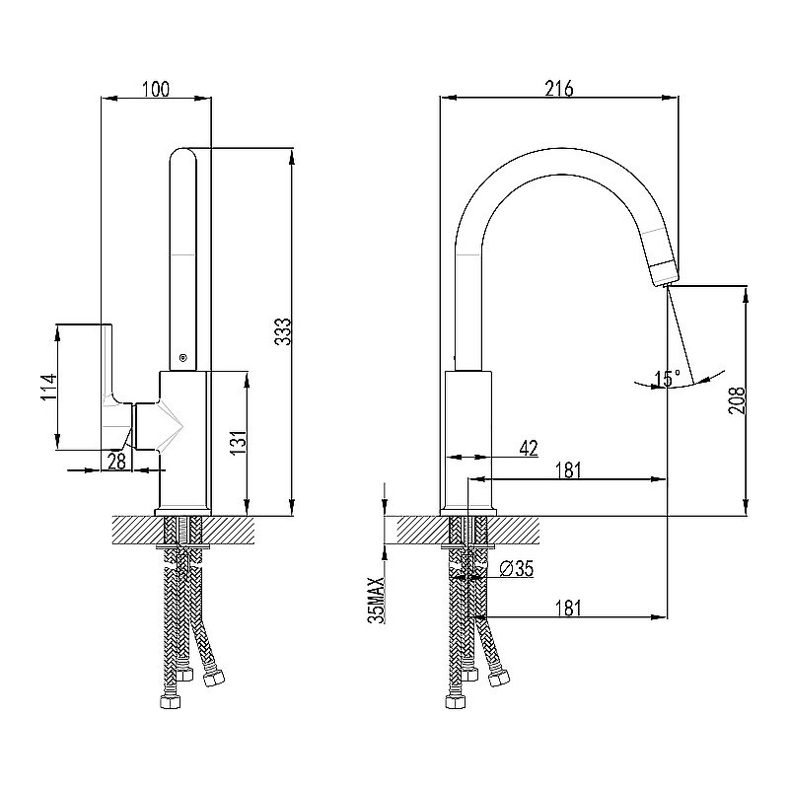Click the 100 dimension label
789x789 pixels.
coord(156,90)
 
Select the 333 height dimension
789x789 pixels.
coord(281,332)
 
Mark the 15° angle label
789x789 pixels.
coord(667,378)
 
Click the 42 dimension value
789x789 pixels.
coord(528,449)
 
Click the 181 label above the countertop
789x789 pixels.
coord(566,470)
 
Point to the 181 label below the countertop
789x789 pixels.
coord(566,608)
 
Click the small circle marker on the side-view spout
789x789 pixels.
coord(181,358)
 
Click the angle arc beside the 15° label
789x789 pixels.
coord(702,380)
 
